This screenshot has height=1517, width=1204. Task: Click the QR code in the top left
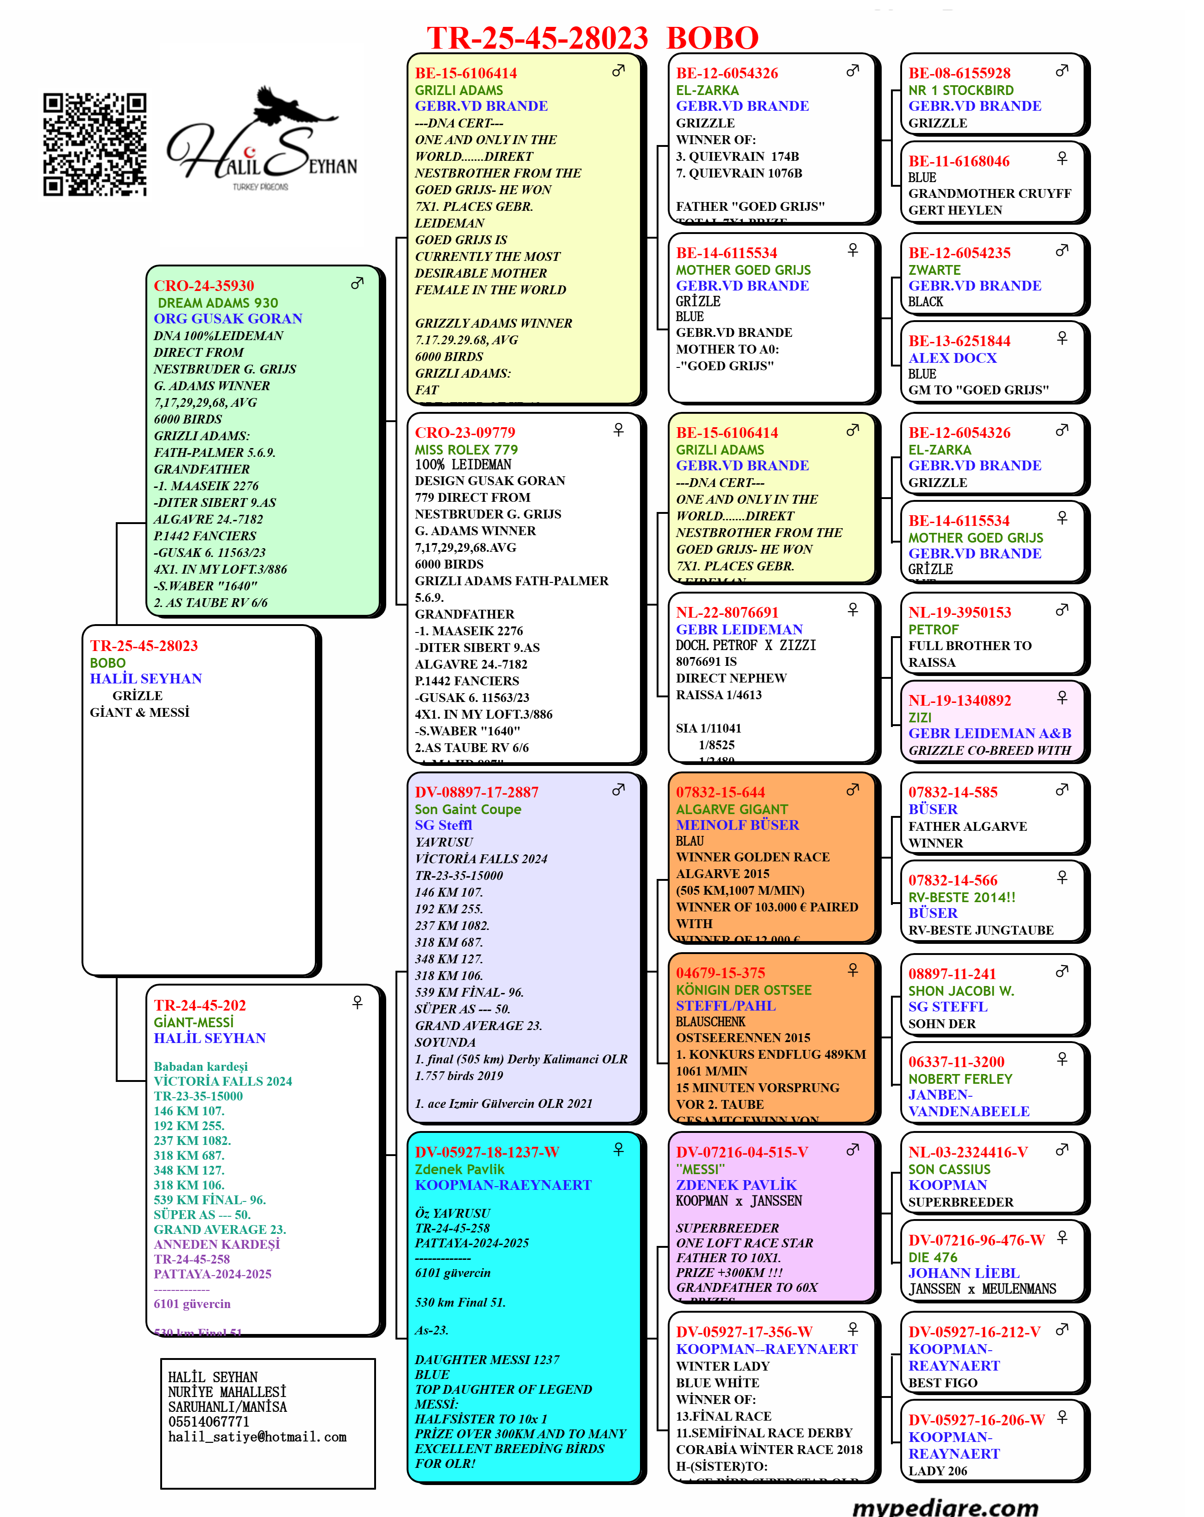94,144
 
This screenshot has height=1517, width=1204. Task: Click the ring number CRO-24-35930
204,286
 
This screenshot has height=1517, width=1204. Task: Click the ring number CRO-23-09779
465,433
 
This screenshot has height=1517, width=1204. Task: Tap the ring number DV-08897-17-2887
476,792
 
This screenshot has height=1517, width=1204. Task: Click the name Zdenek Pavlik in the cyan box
459,1169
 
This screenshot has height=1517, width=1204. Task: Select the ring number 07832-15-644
720,792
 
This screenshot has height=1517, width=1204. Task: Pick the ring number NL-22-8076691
727,612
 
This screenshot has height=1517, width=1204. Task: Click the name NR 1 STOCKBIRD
961,90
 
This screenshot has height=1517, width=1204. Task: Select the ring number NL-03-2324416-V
968,1152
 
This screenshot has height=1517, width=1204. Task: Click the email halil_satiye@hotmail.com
257,1437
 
